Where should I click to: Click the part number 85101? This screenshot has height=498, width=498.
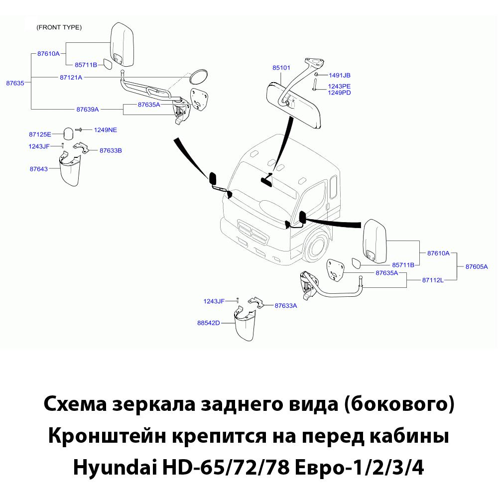click(x=282, y=68)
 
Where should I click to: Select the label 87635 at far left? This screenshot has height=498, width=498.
click(x=15, y=83)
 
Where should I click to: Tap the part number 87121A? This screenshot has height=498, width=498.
click(x=71, y=77)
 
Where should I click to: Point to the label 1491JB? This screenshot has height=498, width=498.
click(x=340, y=75)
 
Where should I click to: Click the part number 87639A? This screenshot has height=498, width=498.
click(x=88, y=109)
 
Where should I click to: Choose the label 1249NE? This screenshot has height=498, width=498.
click(x=106, y=129)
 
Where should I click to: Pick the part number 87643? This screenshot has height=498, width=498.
click(x=38, y=169)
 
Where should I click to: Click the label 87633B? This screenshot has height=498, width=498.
click(x=111, y=150)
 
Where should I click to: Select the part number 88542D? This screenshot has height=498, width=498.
click(x=208, y=323)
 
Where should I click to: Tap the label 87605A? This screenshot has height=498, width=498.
click(x=477, y=266)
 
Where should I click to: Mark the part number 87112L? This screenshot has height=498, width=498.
click(x=432, y=280)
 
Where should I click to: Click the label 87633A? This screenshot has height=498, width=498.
click(x=285, y=306)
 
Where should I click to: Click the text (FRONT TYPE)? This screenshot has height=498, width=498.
click(x=59, y=27)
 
